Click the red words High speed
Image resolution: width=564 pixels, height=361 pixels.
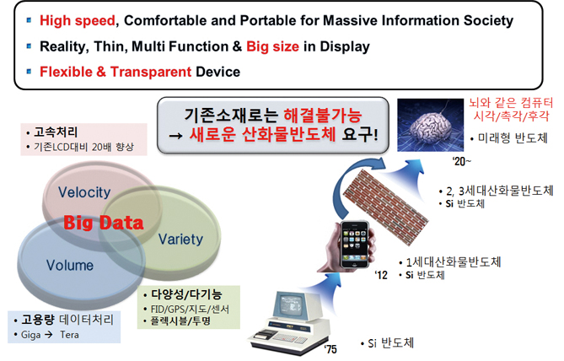[x=78, y=21]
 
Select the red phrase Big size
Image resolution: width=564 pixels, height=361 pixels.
[x=272, y=46]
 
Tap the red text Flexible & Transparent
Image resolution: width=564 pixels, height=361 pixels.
[x=115, y=72]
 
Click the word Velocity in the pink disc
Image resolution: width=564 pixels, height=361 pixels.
[x=84, y=192]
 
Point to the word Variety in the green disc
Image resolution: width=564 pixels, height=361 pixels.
[x=180, y=240]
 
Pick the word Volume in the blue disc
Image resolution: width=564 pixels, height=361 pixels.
[x=70, y=265]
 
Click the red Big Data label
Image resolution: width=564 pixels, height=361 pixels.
[x=104, y=223]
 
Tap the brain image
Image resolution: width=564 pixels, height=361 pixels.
[x=430, y=125]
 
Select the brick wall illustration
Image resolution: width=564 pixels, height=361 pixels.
[x=386, y=207]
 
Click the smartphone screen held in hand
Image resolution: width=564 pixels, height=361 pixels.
[x=355, y=244]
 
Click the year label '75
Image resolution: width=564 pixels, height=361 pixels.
[x=330, y=349]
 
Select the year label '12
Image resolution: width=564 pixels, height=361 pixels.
[x=381, y=275]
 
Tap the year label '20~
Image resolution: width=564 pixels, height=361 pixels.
[x=462, y=162]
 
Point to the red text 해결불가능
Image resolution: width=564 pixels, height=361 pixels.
[x=323, y=116]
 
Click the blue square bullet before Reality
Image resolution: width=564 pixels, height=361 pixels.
[x=30, y=46]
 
